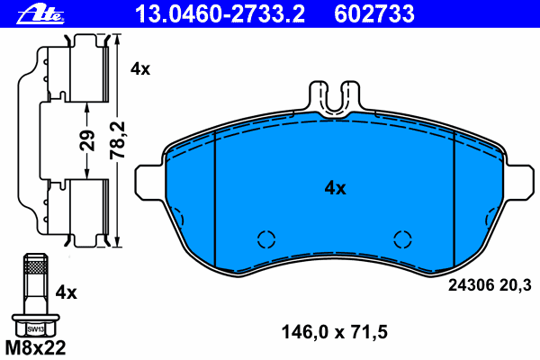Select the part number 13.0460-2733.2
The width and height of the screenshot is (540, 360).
tap(220, 13)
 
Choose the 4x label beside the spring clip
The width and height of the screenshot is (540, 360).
tap(140, 68)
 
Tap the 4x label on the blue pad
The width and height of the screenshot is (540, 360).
tap(335, 188)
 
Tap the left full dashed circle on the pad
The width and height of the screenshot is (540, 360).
tap(265, 239)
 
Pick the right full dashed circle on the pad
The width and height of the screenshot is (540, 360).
tap(404, 239)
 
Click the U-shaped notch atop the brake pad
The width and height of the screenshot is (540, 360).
tap(334, 99)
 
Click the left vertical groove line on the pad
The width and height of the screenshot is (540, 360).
tap(216, 205)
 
